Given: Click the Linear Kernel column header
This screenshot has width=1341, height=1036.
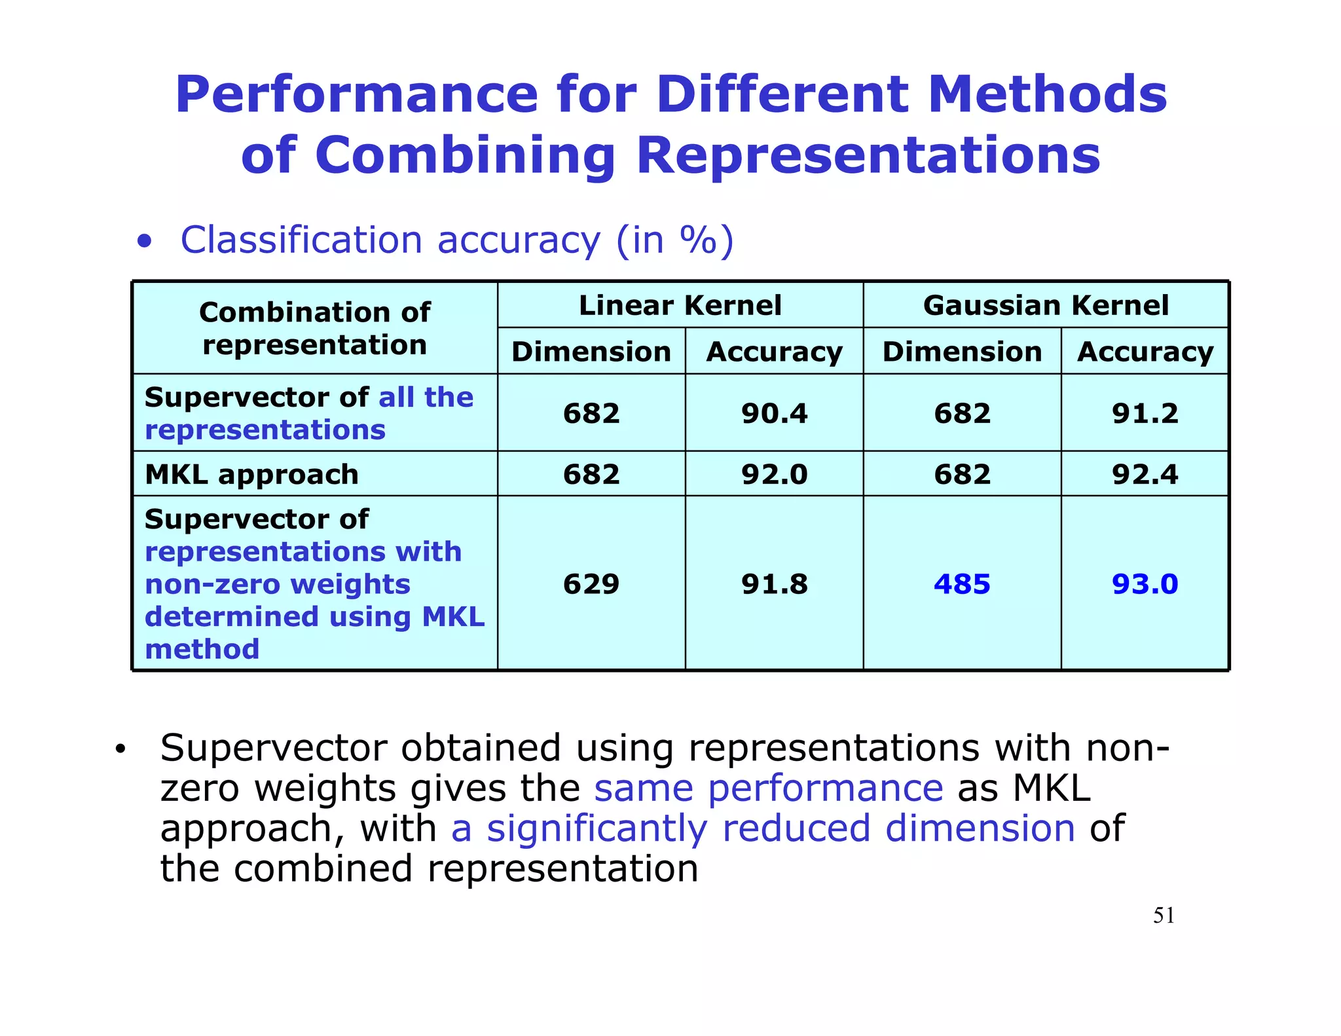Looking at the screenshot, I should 680,305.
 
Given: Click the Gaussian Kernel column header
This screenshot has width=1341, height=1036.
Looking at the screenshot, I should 1045,305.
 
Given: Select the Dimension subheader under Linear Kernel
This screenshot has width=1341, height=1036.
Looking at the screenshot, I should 591,352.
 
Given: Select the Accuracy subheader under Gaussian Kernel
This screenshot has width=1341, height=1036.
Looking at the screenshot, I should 1145,352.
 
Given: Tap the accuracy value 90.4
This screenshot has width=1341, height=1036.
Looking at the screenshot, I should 774,413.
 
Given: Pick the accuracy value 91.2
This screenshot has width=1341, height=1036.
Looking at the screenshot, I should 1145,413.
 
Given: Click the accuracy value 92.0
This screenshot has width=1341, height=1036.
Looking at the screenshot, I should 774,474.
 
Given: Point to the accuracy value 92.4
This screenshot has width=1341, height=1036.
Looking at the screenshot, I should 1145,474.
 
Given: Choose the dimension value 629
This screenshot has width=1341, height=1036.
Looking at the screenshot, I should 591,583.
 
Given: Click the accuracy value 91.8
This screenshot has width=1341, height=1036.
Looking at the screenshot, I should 774,583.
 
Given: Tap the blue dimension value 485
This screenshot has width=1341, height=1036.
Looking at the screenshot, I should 961,583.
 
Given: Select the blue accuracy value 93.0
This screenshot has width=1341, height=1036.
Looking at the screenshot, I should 1145,583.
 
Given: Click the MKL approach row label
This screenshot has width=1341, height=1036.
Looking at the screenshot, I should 251,474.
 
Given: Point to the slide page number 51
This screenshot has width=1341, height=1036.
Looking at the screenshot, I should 1164,916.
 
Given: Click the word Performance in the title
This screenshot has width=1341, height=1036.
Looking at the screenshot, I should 356,96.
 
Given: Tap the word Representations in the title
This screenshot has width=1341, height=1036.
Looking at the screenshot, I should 868,156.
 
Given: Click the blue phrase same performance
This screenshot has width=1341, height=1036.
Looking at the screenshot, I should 768,788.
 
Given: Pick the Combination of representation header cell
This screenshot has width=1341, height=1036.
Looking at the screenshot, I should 314,328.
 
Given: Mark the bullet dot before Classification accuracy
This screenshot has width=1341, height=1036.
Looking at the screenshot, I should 145,241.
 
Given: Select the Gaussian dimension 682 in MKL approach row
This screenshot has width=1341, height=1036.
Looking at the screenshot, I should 961,474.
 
